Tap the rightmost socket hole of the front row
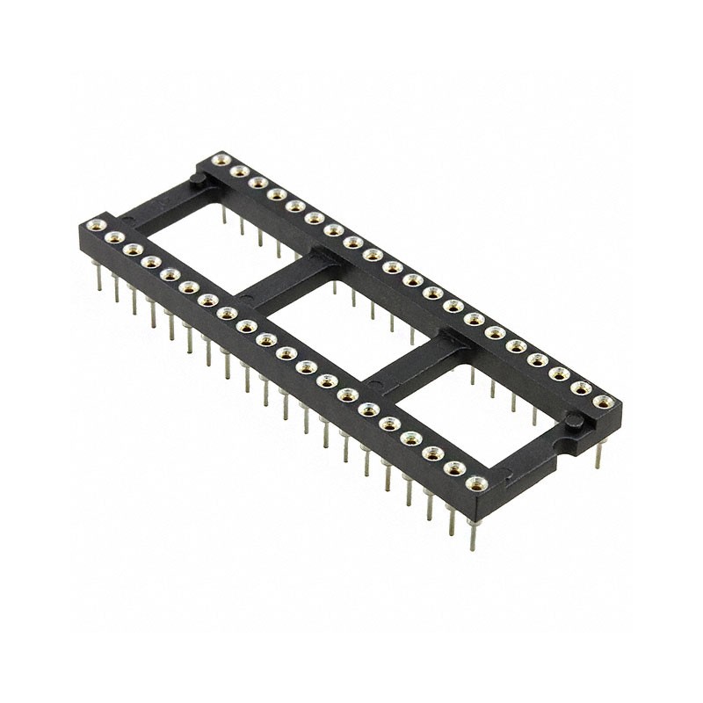point(477,482)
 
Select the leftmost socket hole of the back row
point(216,161)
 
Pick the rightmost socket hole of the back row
point(602,402)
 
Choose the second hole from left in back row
point(236,171)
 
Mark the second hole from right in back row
point(581,388)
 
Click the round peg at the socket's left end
point(199,183)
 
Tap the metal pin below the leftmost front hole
point(98,272)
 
